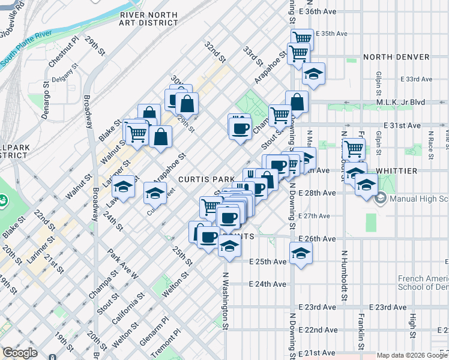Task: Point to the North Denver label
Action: pos(396,57)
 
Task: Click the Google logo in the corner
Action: pos(20,353)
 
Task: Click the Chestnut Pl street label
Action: pos(65,52)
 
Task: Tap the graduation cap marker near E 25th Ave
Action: pos(301,252)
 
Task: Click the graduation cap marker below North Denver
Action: pos(313,74)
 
